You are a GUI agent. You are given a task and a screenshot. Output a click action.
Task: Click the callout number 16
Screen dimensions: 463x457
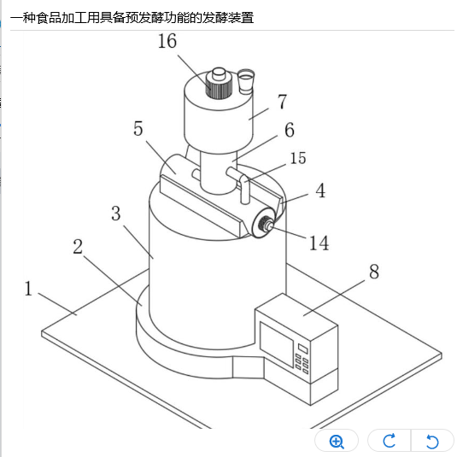pyautogui.click(x=167, y=41)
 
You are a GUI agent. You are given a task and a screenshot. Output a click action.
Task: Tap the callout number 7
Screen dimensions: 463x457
pyautogui.click(x=283, y=102)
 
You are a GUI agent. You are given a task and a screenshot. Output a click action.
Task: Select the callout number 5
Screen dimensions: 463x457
pyautogui.click(x=138, y=128)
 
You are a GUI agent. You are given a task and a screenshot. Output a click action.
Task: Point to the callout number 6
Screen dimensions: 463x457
pyautogui.click(x=290, y=130)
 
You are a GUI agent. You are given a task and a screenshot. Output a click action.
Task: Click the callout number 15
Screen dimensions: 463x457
pyautogui.click(x=298, y=158)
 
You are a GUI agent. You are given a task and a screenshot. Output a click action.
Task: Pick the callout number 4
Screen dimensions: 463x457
pyautogui.click(x=320, y=190)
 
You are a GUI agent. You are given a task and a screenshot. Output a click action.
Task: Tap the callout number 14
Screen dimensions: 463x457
pyautogui.click(x=319, y=243)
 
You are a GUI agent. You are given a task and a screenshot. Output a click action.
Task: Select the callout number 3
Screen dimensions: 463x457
pyautogui.click(x=116, y=214)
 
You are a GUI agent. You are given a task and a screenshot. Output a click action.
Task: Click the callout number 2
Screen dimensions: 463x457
pyautogui.click(x=78, y=246)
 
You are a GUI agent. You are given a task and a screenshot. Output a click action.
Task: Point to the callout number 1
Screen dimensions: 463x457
pyautogui.click(x=28, y=289)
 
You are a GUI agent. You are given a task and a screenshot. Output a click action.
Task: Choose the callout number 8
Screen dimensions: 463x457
pyautogui.click(x=374, y=272)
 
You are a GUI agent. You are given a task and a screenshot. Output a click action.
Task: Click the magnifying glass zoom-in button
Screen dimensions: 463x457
pyautogui.click(x=337, y=442)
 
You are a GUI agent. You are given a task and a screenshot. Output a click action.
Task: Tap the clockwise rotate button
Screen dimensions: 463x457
pyautogui.click(x=390, y=442)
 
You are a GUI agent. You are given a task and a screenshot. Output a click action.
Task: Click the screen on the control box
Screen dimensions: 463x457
pyautogui.click(x=277, y=344)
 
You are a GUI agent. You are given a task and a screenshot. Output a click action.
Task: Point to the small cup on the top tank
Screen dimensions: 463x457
pyautogui.click(x=246, y=81)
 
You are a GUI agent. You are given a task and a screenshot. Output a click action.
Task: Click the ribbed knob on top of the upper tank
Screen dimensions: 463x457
pyautogui.click(x=219, y=84)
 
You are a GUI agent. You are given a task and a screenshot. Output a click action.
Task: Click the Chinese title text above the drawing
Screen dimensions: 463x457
pyautogui.click(x=132, y=18)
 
